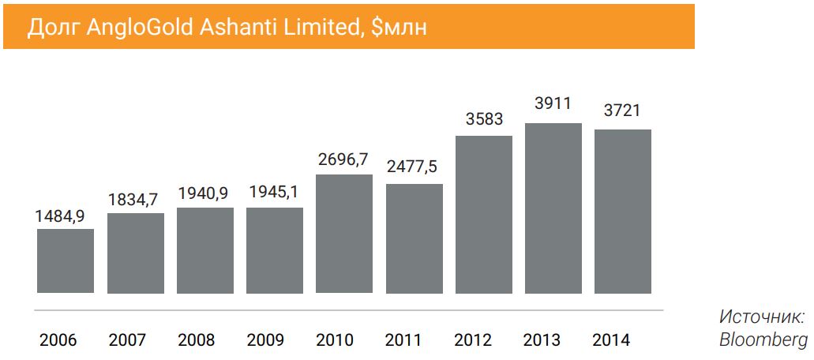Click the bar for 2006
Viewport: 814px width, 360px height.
pos(66,261)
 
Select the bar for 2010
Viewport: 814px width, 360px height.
pos(344,234)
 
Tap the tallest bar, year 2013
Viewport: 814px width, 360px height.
pos(553,208)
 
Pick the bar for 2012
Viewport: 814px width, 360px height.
pos(483,215)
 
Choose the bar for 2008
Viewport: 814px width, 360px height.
pos(205,250)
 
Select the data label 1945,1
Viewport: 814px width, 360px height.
pos(274,192)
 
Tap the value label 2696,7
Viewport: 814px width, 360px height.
pos(343,159)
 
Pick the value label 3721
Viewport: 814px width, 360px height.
pos(622,111)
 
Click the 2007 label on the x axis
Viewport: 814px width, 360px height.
pos(128,340)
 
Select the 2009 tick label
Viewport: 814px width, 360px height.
pos(266,340)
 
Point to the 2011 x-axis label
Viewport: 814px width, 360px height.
pos(404,340)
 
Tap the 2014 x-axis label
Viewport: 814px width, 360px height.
pos(612,340)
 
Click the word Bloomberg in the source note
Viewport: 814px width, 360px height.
pos(763,339)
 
